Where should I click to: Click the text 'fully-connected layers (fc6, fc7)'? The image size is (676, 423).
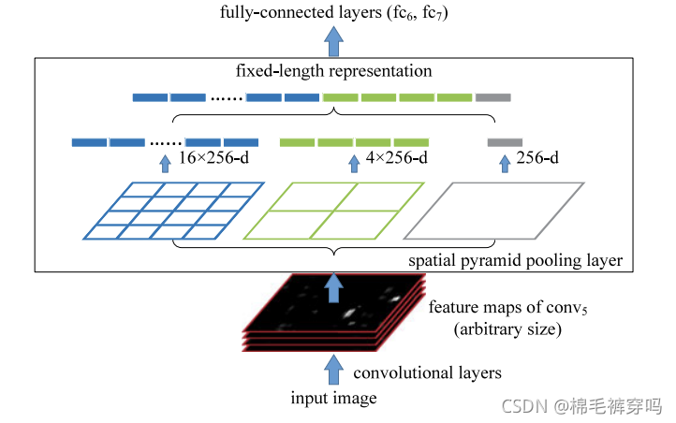click(x=333, y=14)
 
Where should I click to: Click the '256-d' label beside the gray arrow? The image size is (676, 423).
click(x=536, y=158)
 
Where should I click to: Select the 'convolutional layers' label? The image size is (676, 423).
click(x=427, y=372)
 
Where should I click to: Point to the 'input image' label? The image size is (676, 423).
click(x=333, y=399)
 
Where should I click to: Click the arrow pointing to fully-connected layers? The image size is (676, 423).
click(x=333, y=40)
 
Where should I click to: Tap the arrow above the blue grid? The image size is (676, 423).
click(x=165, y=164)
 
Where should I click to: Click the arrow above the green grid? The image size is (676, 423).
click(x=354, y=164)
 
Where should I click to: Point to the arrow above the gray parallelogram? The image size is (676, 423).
click(x=504, y=164)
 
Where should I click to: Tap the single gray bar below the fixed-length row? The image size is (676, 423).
click(x=504, y=142)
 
